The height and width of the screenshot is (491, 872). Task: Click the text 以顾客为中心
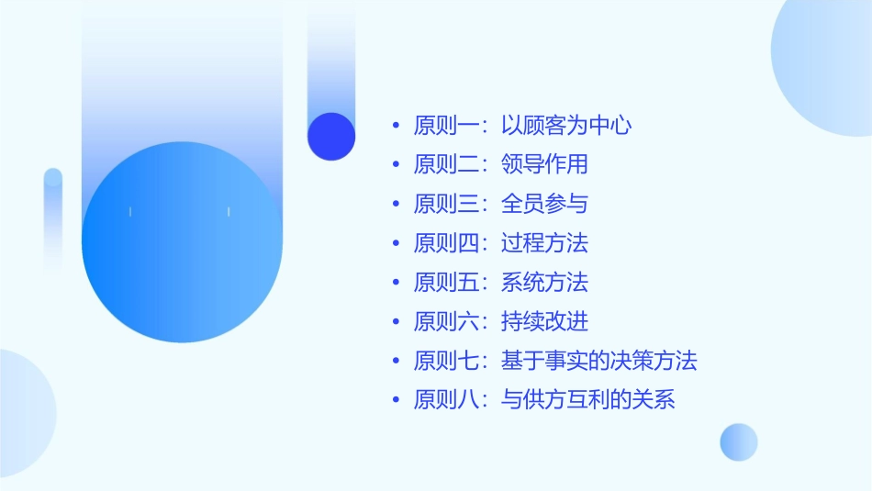tap(566, 126)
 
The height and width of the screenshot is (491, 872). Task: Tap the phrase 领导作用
tap(544, 165)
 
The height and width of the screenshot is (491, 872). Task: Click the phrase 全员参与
tap(544, 204)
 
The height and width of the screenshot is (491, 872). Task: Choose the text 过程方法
tap(544, 243)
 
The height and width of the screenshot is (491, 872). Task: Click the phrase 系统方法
tap(544, 282)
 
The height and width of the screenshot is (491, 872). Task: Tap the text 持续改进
tap(544, 321)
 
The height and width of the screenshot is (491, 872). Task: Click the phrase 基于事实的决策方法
tap(598, 361)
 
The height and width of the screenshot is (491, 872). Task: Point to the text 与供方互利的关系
tap(587, 400)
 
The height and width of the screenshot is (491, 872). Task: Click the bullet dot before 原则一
tap(396, 126)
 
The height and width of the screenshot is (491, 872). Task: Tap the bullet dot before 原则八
tap(396, 400)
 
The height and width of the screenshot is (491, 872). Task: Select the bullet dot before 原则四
tap(396, 243)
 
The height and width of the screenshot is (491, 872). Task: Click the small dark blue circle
tap(331, 136)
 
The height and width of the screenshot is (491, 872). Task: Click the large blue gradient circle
tap(182, 242)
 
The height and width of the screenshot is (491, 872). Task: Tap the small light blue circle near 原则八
tap(739, 441)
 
